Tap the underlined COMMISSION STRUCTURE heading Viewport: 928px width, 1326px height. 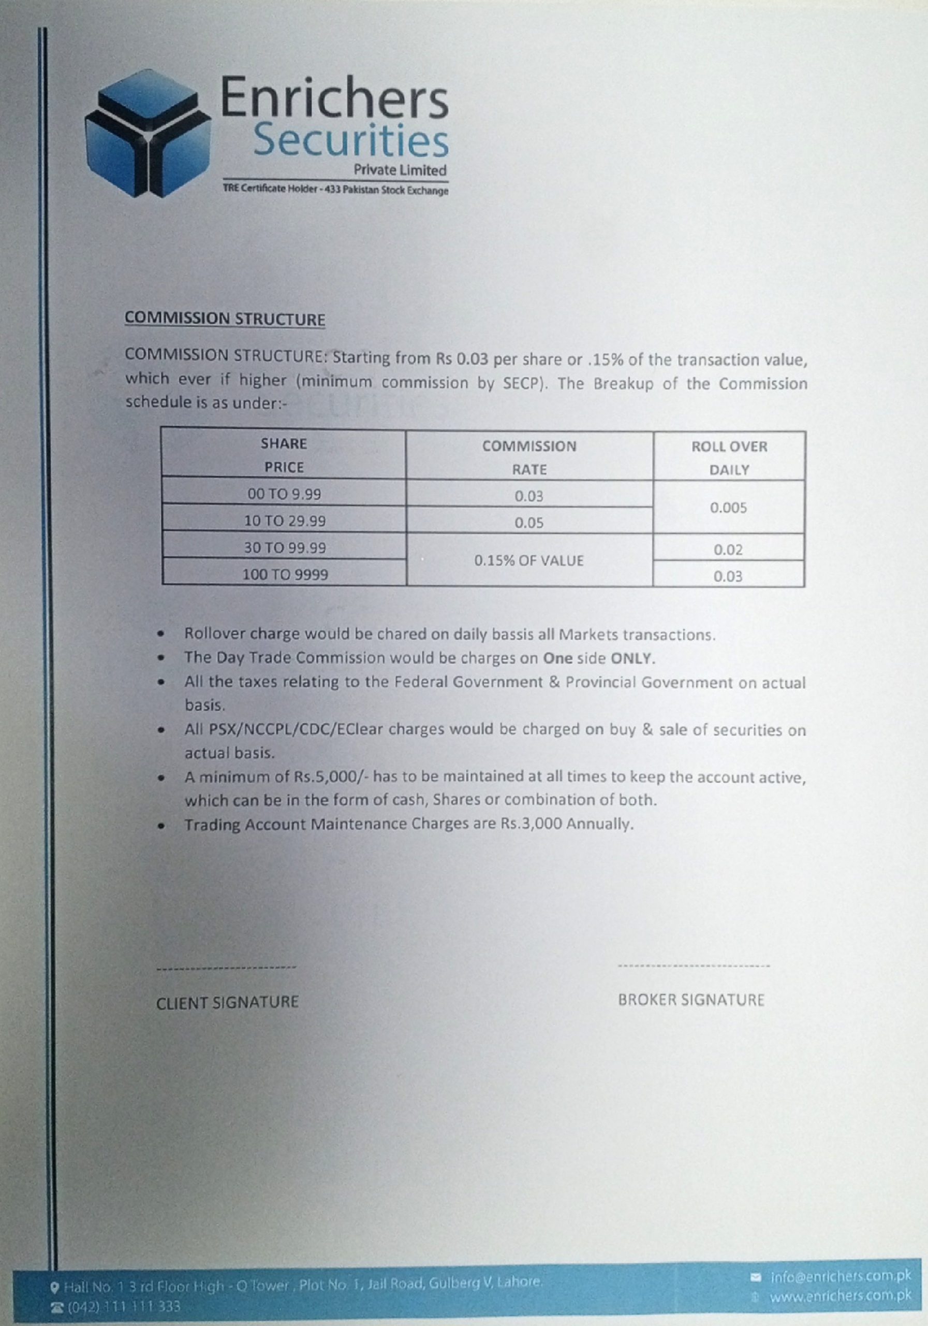225,320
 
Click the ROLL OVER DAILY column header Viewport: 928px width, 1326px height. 729,458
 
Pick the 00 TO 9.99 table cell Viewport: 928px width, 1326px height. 284,494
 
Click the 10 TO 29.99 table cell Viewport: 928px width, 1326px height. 285,521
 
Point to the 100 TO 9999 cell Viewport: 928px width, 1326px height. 285,574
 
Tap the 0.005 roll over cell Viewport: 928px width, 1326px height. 728,508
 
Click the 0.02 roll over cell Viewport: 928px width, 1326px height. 728,550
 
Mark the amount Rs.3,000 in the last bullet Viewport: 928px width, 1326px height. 531,824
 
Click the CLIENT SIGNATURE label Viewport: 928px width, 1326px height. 227,1002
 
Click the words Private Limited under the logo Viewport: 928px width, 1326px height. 400,170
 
